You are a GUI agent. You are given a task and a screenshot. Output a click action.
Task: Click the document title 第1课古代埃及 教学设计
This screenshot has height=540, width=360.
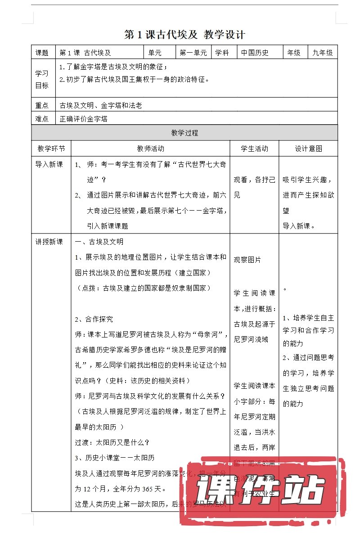coord(184,35)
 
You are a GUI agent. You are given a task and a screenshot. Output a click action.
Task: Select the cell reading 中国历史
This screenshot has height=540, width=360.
coord(255,53)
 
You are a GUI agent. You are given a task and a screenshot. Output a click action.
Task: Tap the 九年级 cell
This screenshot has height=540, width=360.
coord(323,53)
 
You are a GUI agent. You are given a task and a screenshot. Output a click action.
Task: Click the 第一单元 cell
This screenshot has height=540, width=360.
coord(193,53)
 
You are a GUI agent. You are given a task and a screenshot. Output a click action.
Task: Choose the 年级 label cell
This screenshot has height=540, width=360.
coord(294,53)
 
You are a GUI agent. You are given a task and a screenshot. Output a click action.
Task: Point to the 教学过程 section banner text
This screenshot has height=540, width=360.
coord(184,133)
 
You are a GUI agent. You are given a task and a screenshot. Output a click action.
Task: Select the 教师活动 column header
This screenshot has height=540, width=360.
coord(151,148)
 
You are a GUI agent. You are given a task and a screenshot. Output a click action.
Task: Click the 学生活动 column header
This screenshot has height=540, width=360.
coord(254,148)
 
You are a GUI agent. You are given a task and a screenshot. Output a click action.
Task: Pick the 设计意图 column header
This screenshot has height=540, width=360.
coord(309,148)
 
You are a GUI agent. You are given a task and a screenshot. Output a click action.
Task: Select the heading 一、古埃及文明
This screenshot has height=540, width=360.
coord(99,242)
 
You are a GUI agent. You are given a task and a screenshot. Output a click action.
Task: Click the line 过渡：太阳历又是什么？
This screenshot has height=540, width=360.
coord(112,442)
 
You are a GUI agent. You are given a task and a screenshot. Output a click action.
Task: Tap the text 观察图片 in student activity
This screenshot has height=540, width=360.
coord(247,260)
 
